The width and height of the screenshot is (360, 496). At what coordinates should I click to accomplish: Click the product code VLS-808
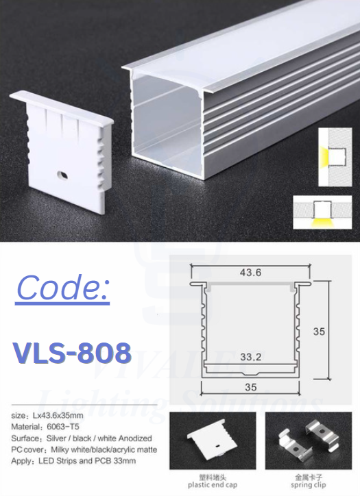(72, 352)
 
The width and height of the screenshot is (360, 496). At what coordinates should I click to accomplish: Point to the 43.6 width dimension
(250, 273)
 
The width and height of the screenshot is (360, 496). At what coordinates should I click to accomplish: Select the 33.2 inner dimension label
(251, 357)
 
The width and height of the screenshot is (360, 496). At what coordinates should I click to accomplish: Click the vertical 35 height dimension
(319, 331)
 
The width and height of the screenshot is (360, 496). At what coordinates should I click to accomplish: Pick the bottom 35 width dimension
(251, 387)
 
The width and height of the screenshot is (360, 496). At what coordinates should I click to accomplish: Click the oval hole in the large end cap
(62, 174)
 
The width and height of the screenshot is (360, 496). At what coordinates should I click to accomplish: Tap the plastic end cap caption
(213, 485)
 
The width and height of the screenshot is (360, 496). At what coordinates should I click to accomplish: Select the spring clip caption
(308, 485)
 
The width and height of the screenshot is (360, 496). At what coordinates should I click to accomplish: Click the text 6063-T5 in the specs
(63, 427)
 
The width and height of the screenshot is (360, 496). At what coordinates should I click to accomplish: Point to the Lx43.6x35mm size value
(58, 415)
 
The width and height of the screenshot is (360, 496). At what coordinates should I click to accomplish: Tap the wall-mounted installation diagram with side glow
(335, 157)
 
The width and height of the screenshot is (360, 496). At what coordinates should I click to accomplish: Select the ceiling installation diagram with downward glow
(322, 212)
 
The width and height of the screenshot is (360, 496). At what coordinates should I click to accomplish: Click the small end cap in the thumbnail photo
(212, 440)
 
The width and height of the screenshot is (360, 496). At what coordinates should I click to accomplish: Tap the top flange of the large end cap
(62, 107)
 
